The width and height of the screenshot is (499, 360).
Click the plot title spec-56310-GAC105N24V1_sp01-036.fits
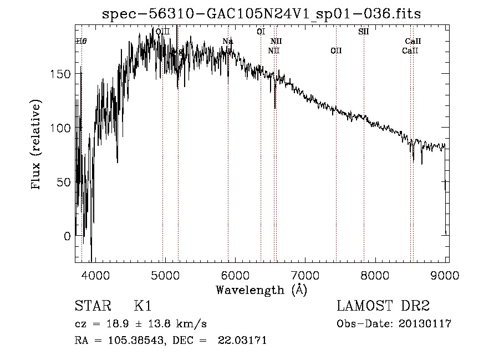pos(262,14)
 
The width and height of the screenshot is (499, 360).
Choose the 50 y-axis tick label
pos(64,182)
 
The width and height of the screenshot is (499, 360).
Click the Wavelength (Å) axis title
pos(261,290)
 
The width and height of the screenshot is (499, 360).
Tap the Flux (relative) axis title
pos(37,145)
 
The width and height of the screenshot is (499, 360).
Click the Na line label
pos(228,41)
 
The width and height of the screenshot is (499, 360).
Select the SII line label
pos(364,32)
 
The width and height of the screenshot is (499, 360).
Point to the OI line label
pos(261,32)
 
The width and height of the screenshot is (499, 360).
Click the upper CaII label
pos(413,41)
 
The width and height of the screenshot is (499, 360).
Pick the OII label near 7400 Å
pos(336,51)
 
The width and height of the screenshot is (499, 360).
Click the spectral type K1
pos(142,306)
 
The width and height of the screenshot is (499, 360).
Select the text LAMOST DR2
pos(383,306)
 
